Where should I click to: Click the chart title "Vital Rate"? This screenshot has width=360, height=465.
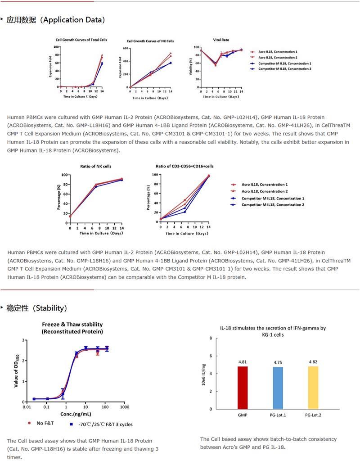click(x=221, y=40)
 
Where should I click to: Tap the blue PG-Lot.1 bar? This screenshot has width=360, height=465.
click(x=278, y=388)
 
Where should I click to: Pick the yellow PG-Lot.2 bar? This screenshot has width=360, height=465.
click(x=313, y=388)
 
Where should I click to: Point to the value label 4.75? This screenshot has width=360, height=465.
click(x=278, y=362)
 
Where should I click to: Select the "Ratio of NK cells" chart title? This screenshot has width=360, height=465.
click(x=95, y=167)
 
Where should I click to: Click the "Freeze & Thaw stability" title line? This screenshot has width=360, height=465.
click(x=72, y=324)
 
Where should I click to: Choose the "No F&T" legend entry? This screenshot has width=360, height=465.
click(x=44, y=424)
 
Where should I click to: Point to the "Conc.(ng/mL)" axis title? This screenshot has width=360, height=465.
click(x=76, y=413)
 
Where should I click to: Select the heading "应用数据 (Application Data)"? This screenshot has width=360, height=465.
click(x=56, y=20)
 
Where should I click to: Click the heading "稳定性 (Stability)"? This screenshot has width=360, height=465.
click(x=36, y=308)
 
